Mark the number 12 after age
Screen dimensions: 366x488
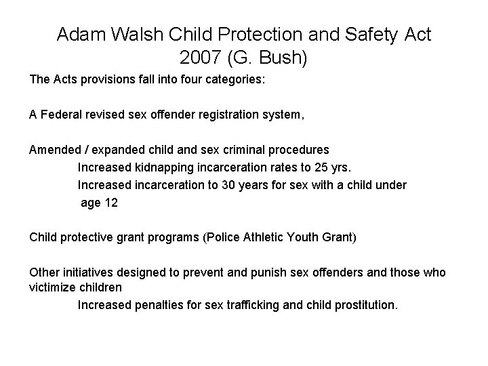[110, 203]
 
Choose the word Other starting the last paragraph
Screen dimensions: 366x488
[44, 272]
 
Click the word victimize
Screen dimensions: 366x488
[53, 287]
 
